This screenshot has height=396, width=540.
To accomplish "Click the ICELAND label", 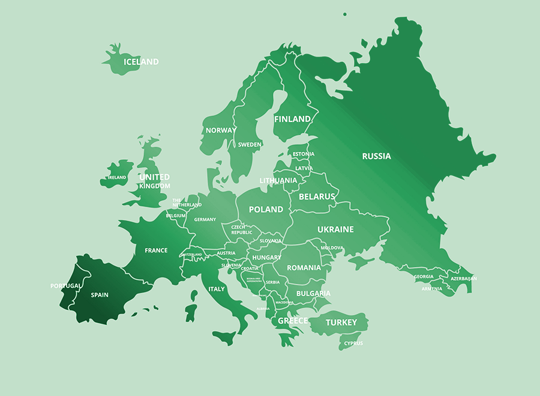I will pyautogui.click(x=141, y=62).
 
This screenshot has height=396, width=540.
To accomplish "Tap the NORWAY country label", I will pyautogui.click(x=221, y=130).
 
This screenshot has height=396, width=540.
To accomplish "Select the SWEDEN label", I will pyautogui.click(x=250, y=145).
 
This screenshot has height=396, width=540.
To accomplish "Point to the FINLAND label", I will pyautogui.click(x=292, y=119).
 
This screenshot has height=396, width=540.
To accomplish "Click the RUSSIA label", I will pyautogui.click(x=376, y=156).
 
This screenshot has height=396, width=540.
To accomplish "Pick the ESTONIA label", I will pyautogui.click(x=303, y=154).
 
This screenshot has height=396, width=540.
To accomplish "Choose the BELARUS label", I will pyautogui.click(x=316, y=196).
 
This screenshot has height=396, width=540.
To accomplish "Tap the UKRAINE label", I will pyautogui.click(x=335, y=230).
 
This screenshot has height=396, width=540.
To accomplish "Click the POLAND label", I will pyautogui.click(x=266, y=209).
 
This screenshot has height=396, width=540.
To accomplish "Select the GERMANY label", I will pyautogui.click(x=205, y=220).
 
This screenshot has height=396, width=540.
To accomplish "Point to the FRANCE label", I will pyautogui.click(x=156, y=251).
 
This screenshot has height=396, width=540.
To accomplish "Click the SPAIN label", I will pyautogui.click(x=100, y=295).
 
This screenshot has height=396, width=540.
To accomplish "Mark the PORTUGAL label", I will pyautogui.click(x=65, y=286).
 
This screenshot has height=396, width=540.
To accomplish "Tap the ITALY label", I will pyautogui.click(x=216, y=289).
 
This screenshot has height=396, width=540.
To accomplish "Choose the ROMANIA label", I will pyautogui.click(x=304, y=267).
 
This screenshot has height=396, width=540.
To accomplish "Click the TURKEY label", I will pyautogui.click(x=341, y=323).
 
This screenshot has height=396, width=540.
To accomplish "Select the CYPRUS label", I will pyautogui.click(x=353, y=344).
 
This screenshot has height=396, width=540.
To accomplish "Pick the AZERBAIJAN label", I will pyautogui.click(x=463, y=279).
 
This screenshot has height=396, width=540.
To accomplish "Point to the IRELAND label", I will pyautogui.click(x=117, y=178).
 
